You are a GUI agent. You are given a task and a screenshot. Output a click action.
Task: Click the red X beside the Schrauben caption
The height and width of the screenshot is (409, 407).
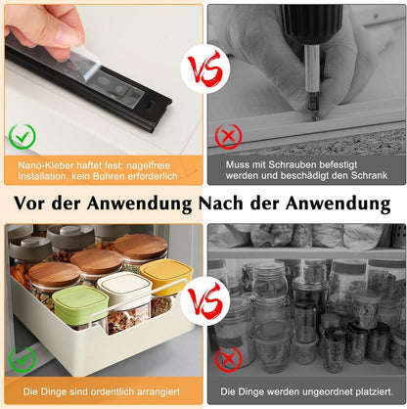coord(228,135)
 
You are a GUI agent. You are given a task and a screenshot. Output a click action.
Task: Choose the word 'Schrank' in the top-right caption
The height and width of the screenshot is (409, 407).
coord(365,176)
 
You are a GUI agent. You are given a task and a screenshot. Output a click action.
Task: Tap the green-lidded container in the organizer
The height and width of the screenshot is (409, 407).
coord(79,305)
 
